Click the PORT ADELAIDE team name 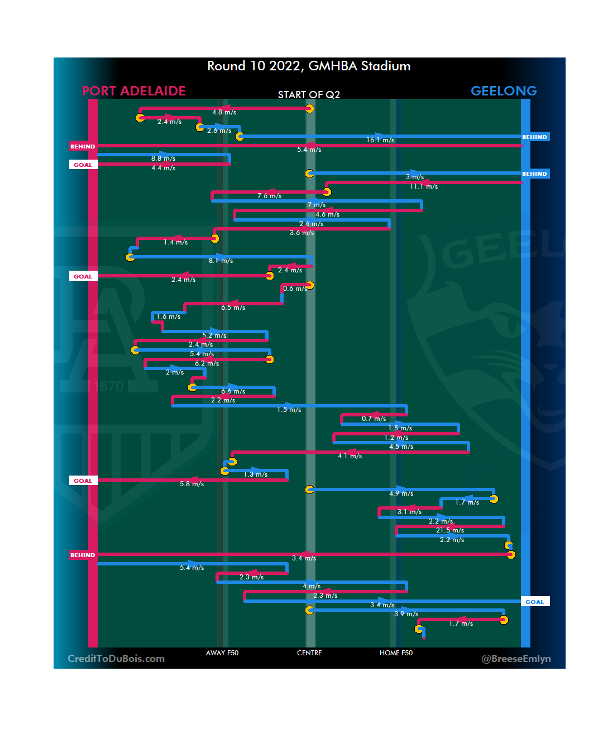tap(133, 91)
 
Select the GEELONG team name tap(504, 91)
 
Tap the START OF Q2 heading tap(309, 95)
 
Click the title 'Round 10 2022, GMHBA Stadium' tap(309, 66)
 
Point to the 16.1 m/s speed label tap(380, 140)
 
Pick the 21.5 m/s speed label tap(450, 530)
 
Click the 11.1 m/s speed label tap(424, 186)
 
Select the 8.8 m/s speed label tap(163, 159)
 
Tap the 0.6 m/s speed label tap(295, 289)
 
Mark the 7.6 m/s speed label tap(269, 196)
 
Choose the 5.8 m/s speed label tap(192, 484)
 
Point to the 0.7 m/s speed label tap(374, 419)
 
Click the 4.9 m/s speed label tap(401, 493)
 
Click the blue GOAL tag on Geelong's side tap(534, 602)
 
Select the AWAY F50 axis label tap(222, 653)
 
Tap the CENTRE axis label tap(309, 653)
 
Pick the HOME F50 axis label tap(396, 653)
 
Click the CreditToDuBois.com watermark tap(116, 659)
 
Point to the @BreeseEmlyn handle tap(516, 659)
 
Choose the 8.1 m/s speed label tap(221, 261)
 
